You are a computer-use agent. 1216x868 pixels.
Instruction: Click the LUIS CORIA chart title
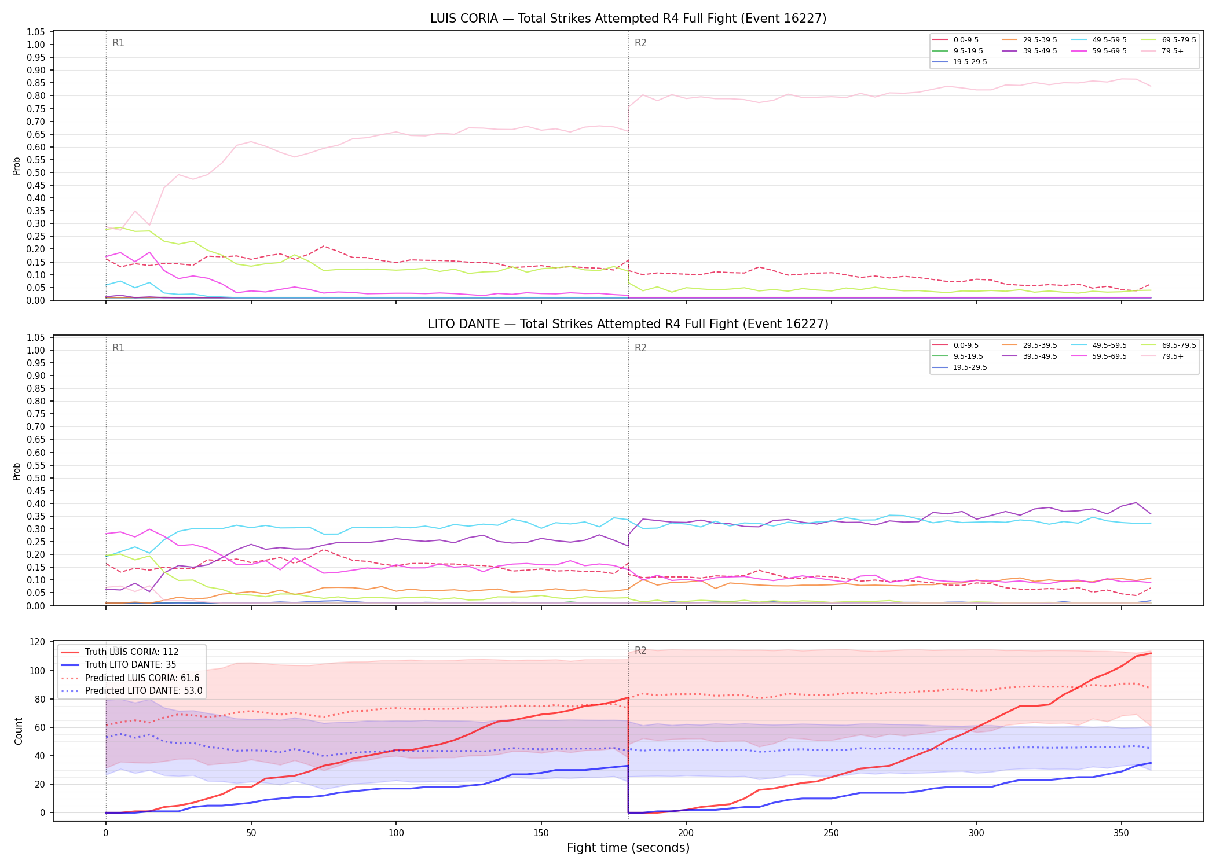click(628, 19)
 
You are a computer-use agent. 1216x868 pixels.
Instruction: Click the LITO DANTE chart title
click(628, 324)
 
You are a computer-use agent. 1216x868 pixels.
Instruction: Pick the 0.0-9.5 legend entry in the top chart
click(955, 40)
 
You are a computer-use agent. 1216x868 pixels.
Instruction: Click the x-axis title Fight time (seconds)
click(628, 848)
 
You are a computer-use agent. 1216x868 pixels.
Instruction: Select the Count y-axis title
click(19, 731)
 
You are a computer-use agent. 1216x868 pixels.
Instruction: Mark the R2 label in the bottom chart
click(640, 650)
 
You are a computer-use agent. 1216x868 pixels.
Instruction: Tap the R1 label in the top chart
click(118, 43)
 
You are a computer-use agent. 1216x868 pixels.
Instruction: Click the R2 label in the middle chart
click(640, 348)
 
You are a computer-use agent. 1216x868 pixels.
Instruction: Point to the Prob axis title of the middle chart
click(17, 471)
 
